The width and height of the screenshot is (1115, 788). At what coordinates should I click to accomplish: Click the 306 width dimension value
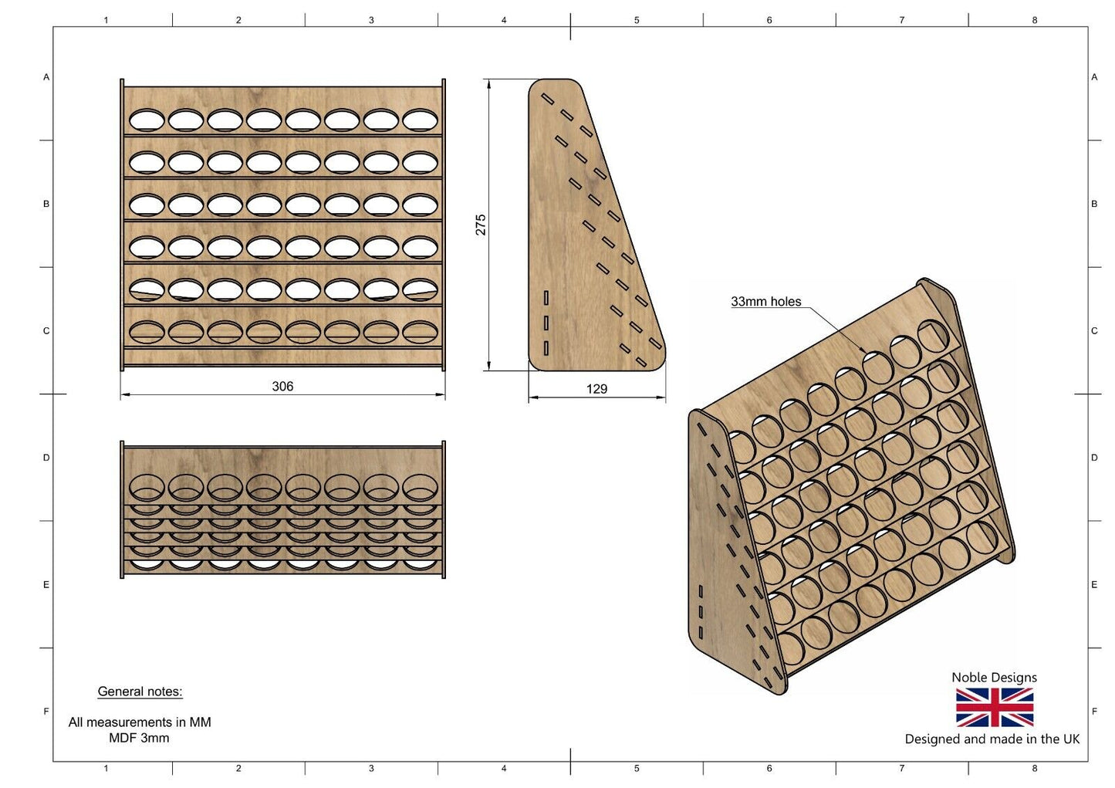tap(282, 387)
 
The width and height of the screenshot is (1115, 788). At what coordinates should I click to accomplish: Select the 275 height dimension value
tap(481, 225)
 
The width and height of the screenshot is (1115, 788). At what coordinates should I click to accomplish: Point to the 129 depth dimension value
tap(596, 389)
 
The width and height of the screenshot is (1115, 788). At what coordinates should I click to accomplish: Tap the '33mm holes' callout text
tap(765, 301)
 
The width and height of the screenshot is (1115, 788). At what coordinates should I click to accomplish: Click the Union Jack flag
tap(994, 708)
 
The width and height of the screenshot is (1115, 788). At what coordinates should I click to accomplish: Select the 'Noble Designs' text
tap(994, 677)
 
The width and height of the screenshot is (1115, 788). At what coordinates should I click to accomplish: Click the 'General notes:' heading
tap(140, 692)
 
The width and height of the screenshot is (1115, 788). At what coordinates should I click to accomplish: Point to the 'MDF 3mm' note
tap(139, 738)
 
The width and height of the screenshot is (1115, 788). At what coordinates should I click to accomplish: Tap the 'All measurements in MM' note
tap(140, 722)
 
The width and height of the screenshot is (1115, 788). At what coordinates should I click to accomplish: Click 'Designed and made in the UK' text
tap(992, 739)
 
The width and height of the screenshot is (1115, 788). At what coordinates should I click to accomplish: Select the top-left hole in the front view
tap(147, 120)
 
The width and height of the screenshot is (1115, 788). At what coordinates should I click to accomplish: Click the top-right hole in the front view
tap(420, 120)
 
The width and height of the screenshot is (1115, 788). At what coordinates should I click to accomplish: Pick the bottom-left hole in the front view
tap(147, 333)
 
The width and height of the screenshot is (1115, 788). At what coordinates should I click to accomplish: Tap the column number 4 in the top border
tap(504, 20)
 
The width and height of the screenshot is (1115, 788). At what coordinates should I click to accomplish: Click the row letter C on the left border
tap(46, 330)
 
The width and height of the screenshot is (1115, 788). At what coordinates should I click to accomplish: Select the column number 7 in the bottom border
tap(901, 768)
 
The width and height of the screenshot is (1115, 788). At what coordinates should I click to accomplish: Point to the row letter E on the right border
tap(1094, 584)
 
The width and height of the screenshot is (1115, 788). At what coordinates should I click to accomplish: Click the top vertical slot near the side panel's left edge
tap(546, 298)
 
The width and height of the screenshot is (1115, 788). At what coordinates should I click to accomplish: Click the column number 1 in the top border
tap(106, 20)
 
